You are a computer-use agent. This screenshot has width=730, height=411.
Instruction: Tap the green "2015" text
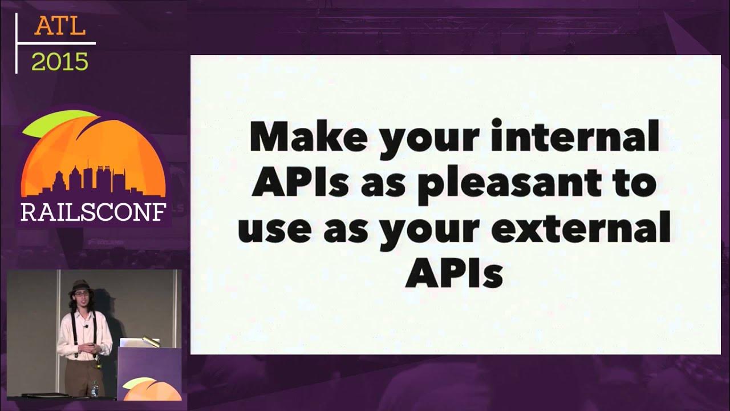pyautogui.click(x=60, y=61)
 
